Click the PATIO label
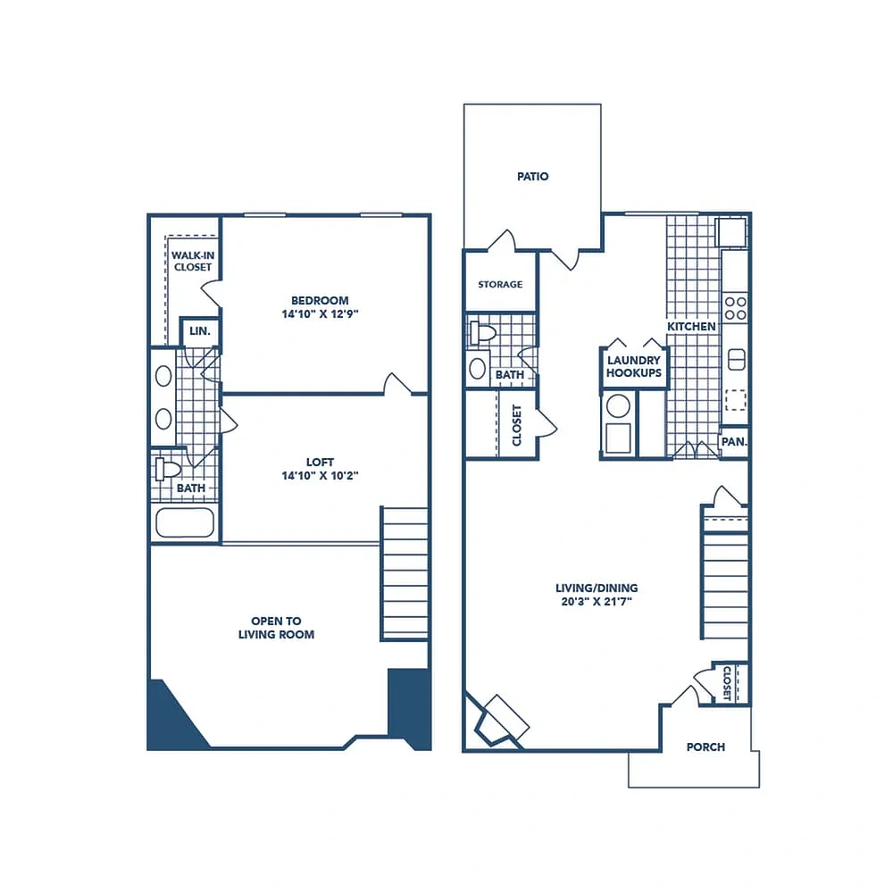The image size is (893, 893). (x=532, y=177)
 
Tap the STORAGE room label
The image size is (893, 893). (x=500, y=284)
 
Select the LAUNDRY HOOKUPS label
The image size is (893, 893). (x=634, y=366)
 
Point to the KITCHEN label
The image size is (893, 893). (x=691, y=326)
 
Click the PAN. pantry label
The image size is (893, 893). (x=734, y=441)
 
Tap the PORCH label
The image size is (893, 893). (x=705, y=747)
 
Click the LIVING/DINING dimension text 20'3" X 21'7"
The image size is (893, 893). (x=597, y=601)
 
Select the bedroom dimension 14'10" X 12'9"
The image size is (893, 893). (x=320, y=313)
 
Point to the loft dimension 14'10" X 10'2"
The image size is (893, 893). (x=320, y=476)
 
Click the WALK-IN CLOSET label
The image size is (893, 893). (x=193, y=262)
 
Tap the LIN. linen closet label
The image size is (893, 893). (x=200, y=331)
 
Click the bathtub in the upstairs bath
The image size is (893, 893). (x=185, y=522)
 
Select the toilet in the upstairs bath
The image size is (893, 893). (x=168, y=470)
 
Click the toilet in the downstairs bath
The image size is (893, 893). (x=482, y=332)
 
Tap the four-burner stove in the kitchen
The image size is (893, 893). (x=735, y=308)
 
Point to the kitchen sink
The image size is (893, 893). (x=737, y=359)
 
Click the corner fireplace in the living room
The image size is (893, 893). (x=497, y=721)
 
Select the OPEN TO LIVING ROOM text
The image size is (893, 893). (x=276, y=628)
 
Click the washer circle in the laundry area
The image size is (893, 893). (x=618, y=406)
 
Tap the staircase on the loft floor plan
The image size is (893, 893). (x=405, y=573)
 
